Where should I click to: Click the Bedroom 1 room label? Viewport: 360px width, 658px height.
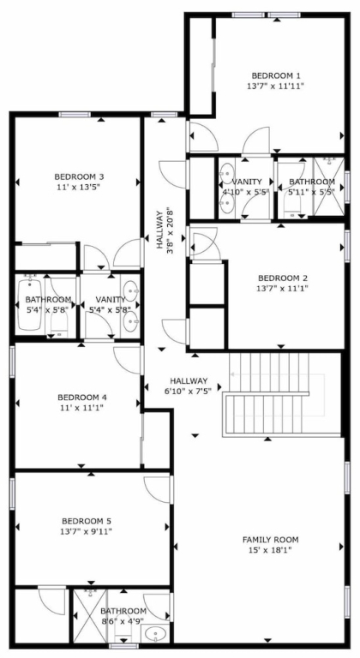275,76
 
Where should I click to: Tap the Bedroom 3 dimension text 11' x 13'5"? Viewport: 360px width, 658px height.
79,187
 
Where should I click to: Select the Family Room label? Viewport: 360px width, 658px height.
271,540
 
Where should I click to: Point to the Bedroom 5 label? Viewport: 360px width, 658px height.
86,521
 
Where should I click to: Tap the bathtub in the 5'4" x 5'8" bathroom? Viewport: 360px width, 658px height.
29,304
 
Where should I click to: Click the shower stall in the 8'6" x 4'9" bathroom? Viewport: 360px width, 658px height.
90,615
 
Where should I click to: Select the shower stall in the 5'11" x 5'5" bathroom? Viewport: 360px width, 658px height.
330,185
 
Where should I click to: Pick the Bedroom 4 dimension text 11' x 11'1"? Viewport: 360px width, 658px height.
80,407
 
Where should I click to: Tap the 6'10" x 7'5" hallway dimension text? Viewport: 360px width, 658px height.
189,389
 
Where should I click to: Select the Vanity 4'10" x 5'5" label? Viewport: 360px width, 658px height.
247,187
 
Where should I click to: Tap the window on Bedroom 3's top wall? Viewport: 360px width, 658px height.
75,114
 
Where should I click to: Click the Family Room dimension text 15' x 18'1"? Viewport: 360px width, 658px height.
271,550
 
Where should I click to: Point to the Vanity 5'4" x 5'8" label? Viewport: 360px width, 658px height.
110,304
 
